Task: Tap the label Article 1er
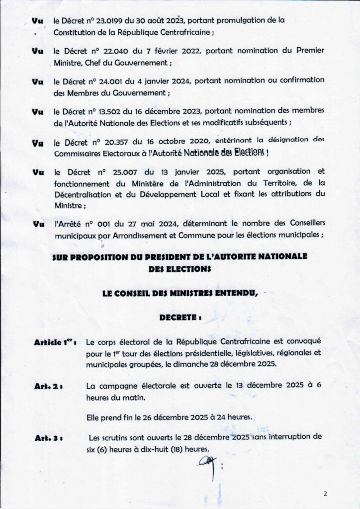pyautogui.click(x=55, y=343)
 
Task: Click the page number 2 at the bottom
pyautogui.click(x=325, y=494)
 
